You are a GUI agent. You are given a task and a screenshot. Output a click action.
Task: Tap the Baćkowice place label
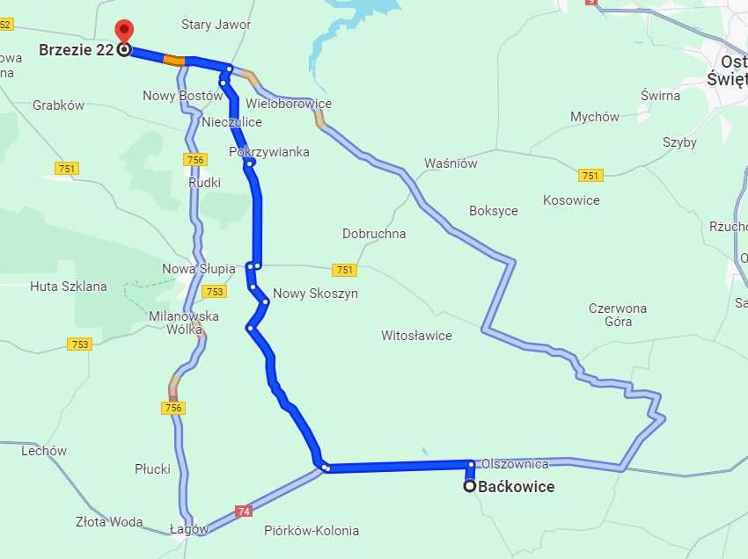[x=517, y=486]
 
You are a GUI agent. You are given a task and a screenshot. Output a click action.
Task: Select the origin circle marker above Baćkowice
[x=470, y=486]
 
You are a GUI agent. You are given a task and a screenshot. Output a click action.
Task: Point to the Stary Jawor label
[x=216, y=25]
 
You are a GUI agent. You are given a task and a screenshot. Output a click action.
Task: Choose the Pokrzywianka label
[x=269, y=152]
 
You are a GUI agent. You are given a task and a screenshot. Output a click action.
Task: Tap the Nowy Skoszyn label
[x=315, y=294]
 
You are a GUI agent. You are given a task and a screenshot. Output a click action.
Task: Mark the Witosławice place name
[x=416, y=335]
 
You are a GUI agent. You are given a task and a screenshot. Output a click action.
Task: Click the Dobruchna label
[x=374, y=234]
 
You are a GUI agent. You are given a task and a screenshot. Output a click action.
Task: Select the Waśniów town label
[x=451, y=163]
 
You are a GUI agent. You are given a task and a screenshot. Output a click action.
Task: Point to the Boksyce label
[x=494, y=211]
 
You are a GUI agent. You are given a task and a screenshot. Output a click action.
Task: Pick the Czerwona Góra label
[x=618, y=315]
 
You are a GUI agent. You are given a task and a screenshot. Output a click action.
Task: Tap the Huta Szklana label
[x=69, y=286]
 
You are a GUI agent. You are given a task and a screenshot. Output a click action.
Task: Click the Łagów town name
[x=190, y=530]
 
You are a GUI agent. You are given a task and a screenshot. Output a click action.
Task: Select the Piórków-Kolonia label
[x=312, y=531]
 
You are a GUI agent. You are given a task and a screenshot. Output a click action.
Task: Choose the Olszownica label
[x=515, y=464]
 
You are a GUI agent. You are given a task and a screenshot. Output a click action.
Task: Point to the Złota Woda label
[x=109, y=522]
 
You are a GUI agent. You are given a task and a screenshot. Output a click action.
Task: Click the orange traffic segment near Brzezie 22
[x=174, y=61]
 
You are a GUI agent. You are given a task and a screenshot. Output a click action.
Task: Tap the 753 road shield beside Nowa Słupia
[x=214, y=291]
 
